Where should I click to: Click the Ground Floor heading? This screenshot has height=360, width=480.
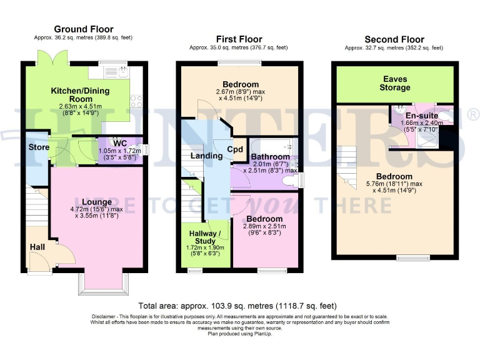coord(84,29)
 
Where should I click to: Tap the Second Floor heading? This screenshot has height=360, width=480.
coord(394,39)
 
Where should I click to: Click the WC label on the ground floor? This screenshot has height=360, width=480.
coord(120,142)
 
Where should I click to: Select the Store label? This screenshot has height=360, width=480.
coord(39,147)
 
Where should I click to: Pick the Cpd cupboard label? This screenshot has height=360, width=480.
coord(235,149)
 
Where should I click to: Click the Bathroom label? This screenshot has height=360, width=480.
coord(270,156)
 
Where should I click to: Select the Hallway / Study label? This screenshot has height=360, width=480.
coord(204,237)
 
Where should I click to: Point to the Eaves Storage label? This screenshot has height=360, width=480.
coord(397,83)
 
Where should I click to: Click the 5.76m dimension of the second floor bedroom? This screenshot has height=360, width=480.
coord(379,184)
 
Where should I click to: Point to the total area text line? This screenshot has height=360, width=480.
coord(237,306)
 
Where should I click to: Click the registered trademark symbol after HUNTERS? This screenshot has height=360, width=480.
coord(473,114)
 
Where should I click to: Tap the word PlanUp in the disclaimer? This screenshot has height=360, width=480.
coord(262,334)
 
